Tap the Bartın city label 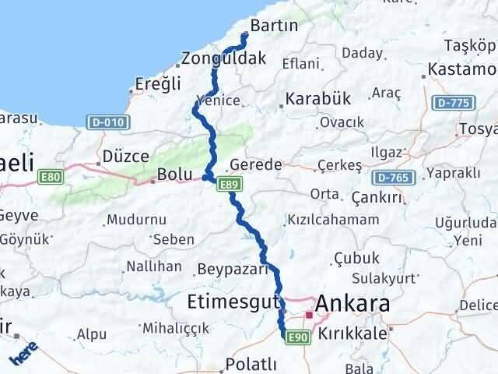(275, 26)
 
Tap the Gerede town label (256, 165)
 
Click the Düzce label (125, 156)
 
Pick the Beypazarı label (233, 270)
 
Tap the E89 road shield (228, 185)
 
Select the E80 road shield (50, 178)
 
